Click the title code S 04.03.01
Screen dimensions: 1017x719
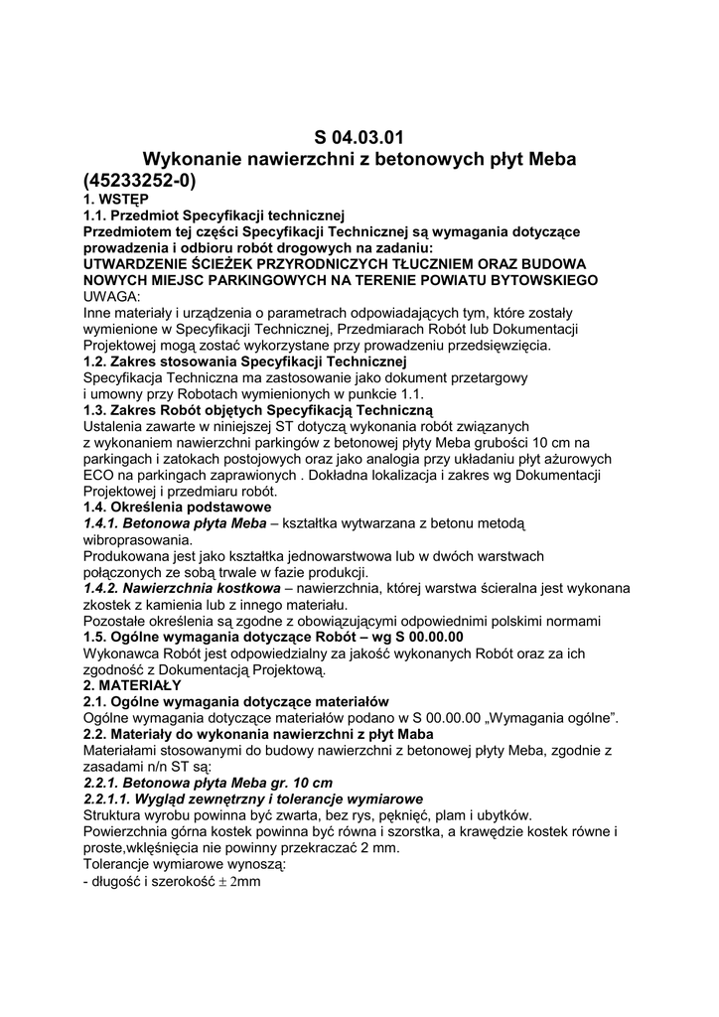tap(359, 137)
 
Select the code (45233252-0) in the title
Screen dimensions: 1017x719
tap(140, 181)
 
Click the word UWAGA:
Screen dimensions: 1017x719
tap(112, 297)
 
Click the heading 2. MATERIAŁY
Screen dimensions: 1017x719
tap(132, 685)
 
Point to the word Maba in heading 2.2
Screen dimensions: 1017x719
tap(407, 734)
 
